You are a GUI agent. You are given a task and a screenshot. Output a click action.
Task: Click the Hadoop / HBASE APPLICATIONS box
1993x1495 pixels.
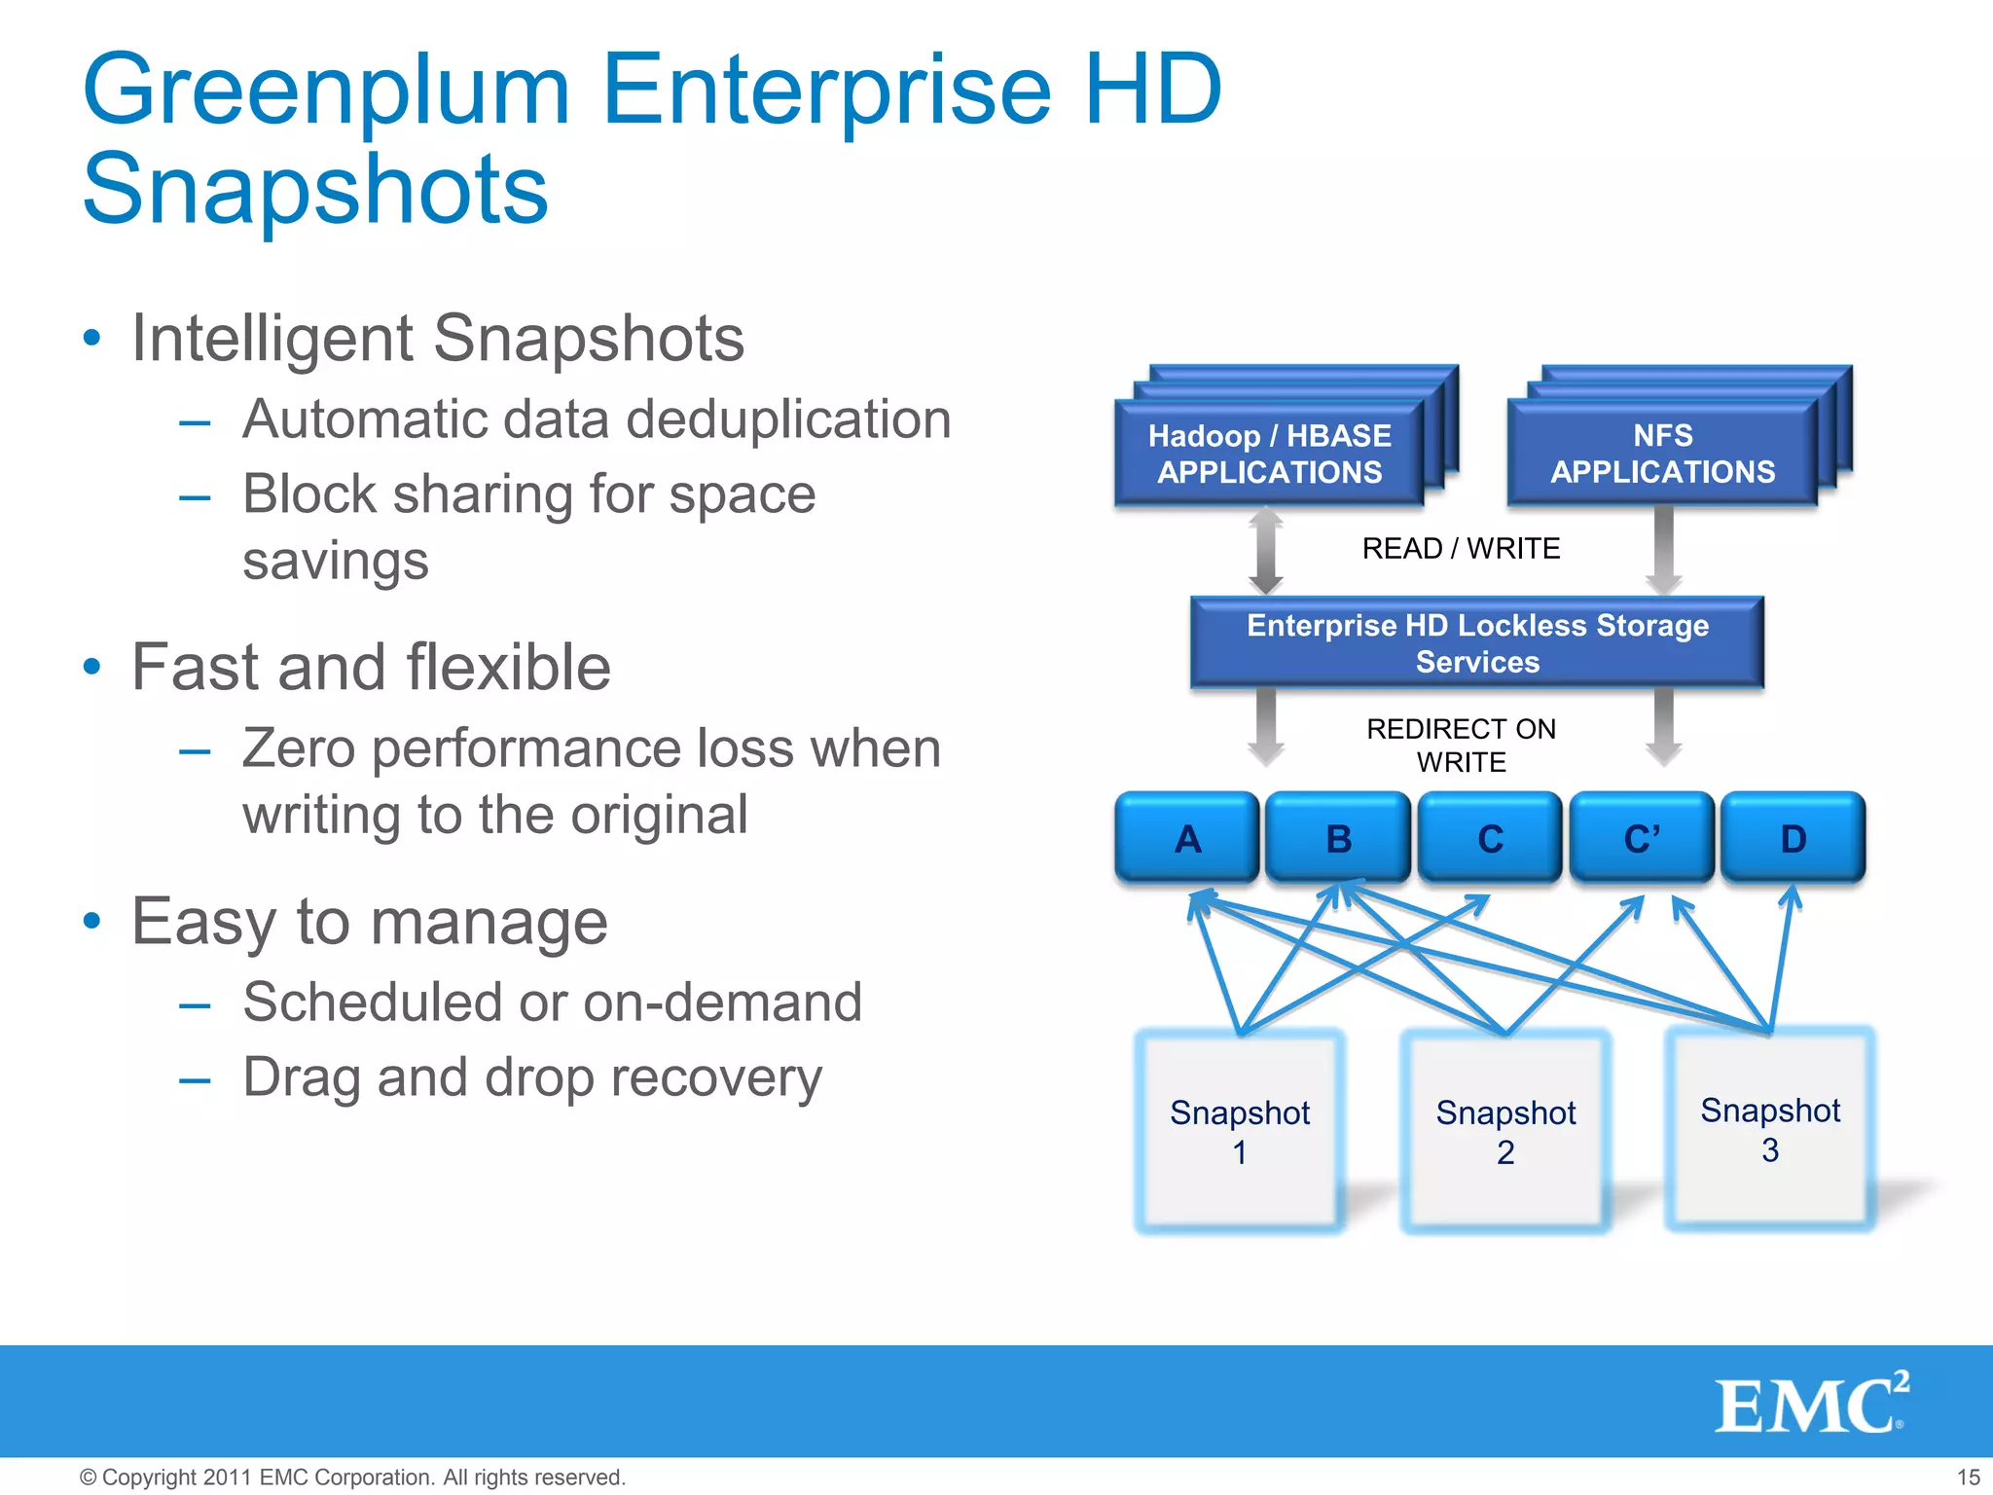pos(1269,454)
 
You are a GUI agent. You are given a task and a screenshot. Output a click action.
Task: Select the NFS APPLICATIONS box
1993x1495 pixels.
pos(1662,454)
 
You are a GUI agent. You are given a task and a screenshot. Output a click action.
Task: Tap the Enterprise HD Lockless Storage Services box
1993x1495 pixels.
pos(1477,643)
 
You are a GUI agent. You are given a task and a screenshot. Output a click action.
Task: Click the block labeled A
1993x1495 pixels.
pos(1187,838)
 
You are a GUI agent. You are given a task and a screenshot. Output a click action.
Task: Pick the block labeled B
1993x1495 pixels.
pos(1338,838)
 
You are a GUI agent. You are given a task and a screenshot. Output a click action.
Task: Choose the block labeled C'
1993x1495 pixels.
pos(1642,838)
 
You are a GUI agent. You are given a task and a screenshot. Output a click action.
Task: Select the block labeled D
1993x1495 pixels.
pos(1793,838)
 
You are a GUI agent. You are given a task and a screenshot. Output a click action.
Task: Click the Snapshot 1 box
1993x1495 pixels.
pos(1240,1131)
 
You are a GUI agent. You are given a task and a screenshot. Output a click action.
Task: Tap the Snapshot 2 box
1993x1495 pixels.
pos(1505,1131)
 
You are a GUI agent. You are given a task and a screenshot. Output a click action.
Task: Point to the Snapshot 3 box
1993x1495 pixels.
pos(1770,1129)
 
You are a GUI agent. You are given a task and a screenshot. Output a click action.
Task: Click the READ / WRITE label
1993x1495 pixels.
pos(1461,549)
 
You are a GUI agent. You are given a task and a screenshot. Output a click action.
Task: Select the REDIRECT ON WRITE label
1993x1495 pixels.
pos(1461,746)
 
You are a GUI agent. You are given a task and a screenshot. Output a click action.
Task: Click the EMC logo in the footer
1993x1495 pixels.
pos(1810,1404)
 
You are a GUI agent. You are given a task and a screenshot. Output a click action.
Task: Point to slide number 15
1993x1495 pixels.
pos(1968,1477)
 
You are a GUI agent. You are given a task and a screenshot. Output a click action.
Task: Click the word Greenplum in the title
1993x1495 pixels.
pos(326,92)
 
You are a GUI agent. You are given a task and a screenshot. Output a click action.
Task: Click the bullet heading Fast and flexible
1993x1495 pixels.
pos(371,668)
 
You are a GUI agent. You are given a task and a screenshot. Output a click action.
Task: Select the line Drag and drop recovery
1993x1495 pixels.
pos(532,1077)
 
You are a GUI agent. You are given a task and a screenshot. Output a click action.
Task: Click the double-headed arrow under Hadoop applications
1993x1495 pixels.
pos(1265,552)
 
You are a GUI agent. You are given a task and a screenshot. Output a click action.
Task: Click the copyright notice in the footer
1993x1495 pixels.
pos(352,1477)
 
